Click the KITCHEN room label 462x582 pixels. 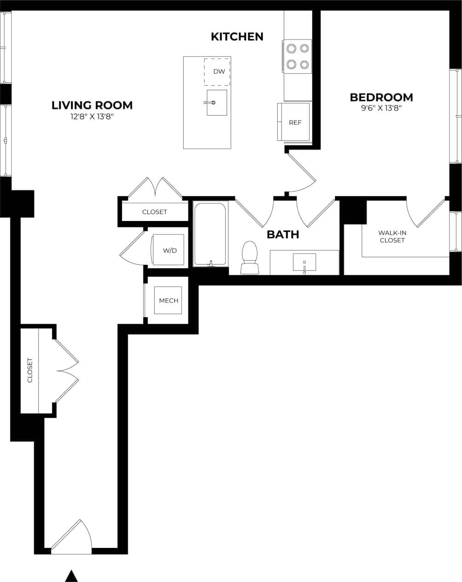pyautogui.click(x=237, y=37)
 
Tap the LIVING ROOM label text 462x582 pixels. pyautogui.click(x=92, y=105)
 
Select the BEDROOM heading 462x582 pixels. pyautogui.click(x=381, y=98)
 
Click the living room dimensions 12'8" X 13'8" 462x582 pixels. pyautogui.click(x=92, y=117)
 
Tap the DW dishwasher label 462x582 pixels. pyautogui.click(x=219, y=72)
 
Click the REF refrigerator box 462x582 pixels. pyautogui.click(x=295, y=122)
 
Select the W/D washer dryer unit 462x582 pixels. pyautogui.click(x=169, y=250)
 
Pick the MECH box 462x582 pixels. pyautogui.click(x=168, y=301)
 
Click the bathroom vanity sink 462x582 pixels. pyautogui.click(x=304, y=263)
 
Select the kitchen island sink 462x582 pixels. pyautogui.click(x=216, y=102)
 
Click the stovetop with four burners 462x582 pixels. pyautogui.click(x=297, y=56)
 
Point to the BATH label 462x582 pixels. pyautogui.click(x=283, y=234)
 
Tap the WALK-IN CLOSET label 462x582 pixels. pyautogui.click(x=392, y=237)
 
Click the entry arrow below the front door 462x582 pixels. pyautogui.click(x=70, y=576)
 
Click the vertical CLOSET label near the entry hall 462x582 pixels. pyautogui.click(x=30, y=370)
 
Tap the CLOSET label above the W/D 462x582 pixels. pyautogui.click(x=154, y=212)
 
